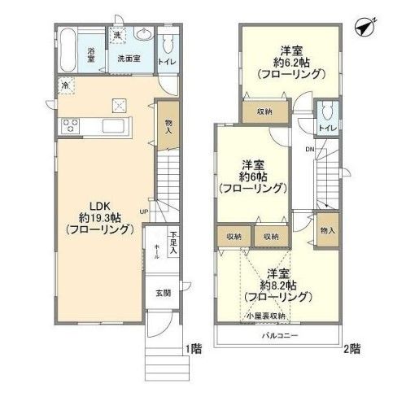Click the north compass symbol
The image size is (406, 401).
tap(363, 26)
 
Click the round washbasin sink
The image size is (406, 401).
tap(145, 35)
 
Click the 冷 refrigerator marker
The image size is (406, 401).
tap(63, 83)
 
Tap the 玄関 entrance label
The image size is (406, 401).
tap(163, 292)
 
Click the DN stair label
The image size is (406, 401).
tap(310, 150)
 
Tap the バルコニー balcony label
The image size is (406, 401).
tap(279, 335)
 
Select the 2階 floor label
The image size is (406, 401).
tap(351, 349)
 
